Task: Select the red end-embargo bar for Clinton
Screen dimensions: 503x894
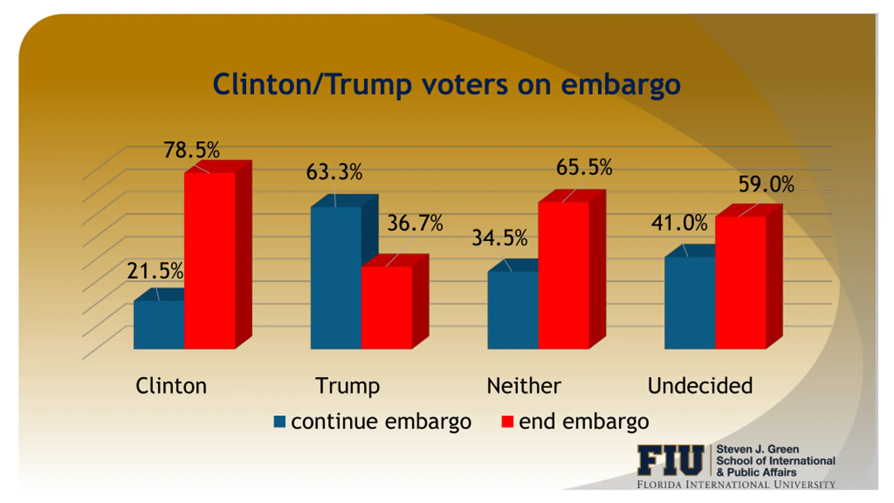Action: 210,260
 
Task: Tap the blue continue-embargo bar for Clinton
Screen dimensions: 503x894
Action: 159,325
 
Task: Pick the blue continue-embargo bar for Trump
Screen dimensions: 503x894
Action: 336,278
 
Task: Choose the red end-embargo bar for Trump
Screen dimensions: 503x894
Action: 387,307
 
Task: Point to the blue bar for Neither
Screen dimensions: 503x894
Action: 513,310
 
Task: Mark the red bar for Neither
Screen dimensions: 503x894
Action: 564,275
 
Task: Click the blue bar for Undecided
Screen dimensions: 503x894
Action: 690,303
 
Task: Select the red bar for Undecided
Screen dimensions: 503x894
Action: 741,282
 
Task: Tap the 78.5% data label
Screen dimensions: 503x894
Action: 192,150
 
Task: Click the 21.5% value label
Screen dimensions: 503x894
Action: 155,271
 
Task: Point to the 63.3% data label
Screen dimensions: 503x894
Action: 335,172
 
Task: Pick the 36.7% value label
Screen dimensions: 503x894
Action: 415,223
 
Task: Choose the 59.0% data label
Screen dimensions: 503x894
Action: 766,184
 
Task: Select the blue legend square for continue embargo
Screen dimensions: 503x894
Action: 280,422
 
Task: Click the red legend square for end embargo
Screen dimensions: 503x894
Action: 507,422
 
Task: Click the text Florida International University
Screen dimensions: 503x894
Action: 736,485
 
